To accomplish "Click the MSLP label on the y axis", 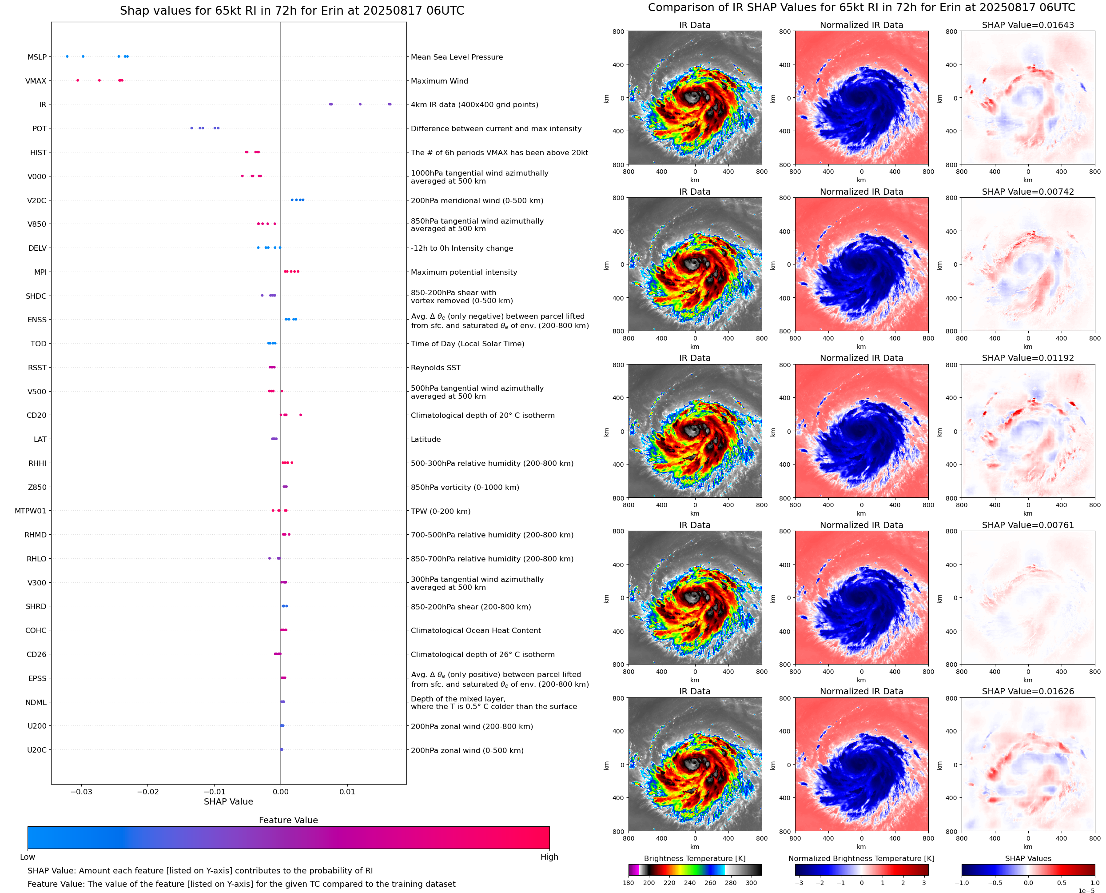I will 37,57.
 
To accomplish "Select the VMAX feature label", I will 36,81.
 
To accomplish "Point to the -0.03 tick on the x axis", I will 81,792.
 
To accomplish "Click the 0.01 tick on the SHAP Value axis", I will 347,792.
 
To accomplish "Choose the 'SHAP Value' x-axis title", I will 228,801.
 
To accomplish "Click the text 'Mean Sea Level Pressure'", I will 456,57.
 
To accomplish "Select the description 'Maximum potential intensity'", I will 464,272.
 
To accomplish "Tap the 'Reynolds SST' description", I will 435,368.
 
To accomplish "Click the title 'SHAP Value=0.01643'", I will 1027,25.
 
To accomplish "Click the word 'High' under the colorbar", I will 549,857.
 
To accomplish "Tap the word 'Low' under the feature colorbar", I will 28,857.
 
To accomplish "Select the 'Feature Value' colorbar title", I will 288,820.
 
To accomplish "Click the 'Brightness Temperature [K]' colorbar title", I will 694,858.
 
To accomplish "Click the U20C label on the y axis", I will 36,750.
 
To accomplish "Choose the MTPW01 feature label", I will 30,511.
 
